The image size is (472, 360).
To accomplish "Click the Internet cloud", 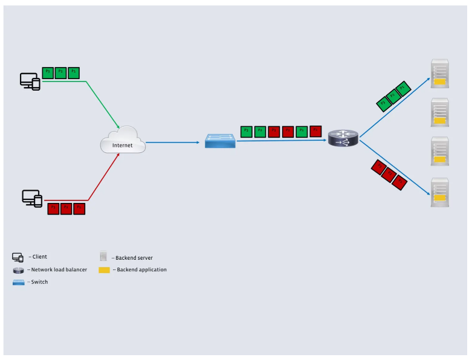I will [123, 143].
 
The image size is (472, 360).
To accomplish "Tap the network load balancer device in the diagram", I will [343, 138].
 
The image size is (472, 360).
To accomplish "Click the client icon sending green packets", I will [30, 81].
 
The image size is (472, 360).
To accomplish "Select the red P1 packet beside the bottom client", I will [79, 209].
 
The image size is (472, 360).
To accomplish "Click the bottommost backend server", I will [439, 192].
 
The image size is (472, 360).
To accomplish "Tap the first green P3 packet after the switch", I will [247, 130].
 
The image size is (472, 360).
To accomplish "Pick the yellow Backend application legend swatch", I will [105, 269].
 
